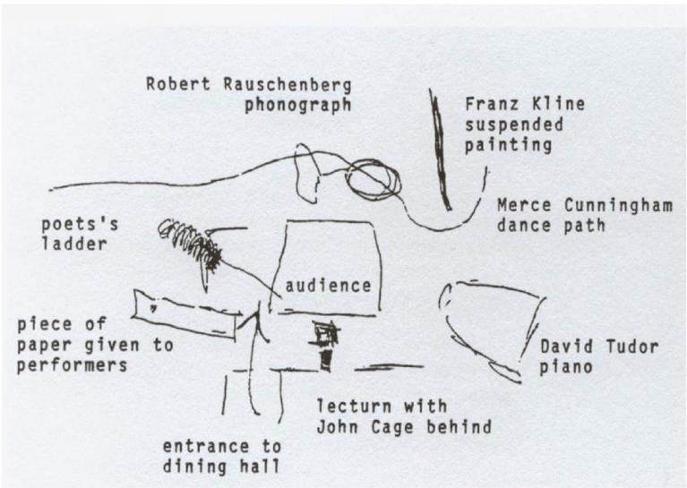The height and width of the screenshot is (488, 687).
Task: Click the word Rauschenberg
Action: click(x=288, y=84)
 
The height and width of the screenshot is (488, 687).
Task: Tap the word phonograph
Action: click(x=298, y=106)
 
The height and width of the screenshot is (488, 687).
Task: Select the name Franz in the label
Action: click(x=492, y=104)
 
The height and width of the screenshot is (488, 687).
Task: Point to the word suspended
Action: click(x=514, y=125)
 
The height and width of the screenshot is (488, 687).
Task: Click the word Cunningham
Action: click(x=619, y=206)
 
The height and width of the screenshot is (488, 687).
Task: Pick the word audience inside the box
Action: click(x=328, y=286)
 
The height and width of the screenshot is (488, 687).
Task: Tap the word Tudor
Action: click(x=632, y=347)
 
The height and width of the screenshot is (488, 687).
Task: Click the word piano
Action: click(x=566, y=367)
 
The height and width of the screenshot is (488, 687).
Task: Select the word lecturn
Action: click(x=354, y=407)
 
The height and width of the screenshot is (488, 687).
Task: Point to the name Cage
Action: click(x=392, y=427)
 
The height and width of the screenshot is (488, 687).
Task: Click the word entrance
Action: click(x=206, y=447)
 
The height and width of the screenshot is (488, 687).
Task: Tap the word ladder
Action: click(x=74, y=244)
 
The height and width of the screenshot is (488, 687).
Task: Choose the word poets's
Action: click(x=80, y=225)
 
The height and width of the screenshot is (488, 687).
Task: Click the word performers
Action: click(x=73, y=366)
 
